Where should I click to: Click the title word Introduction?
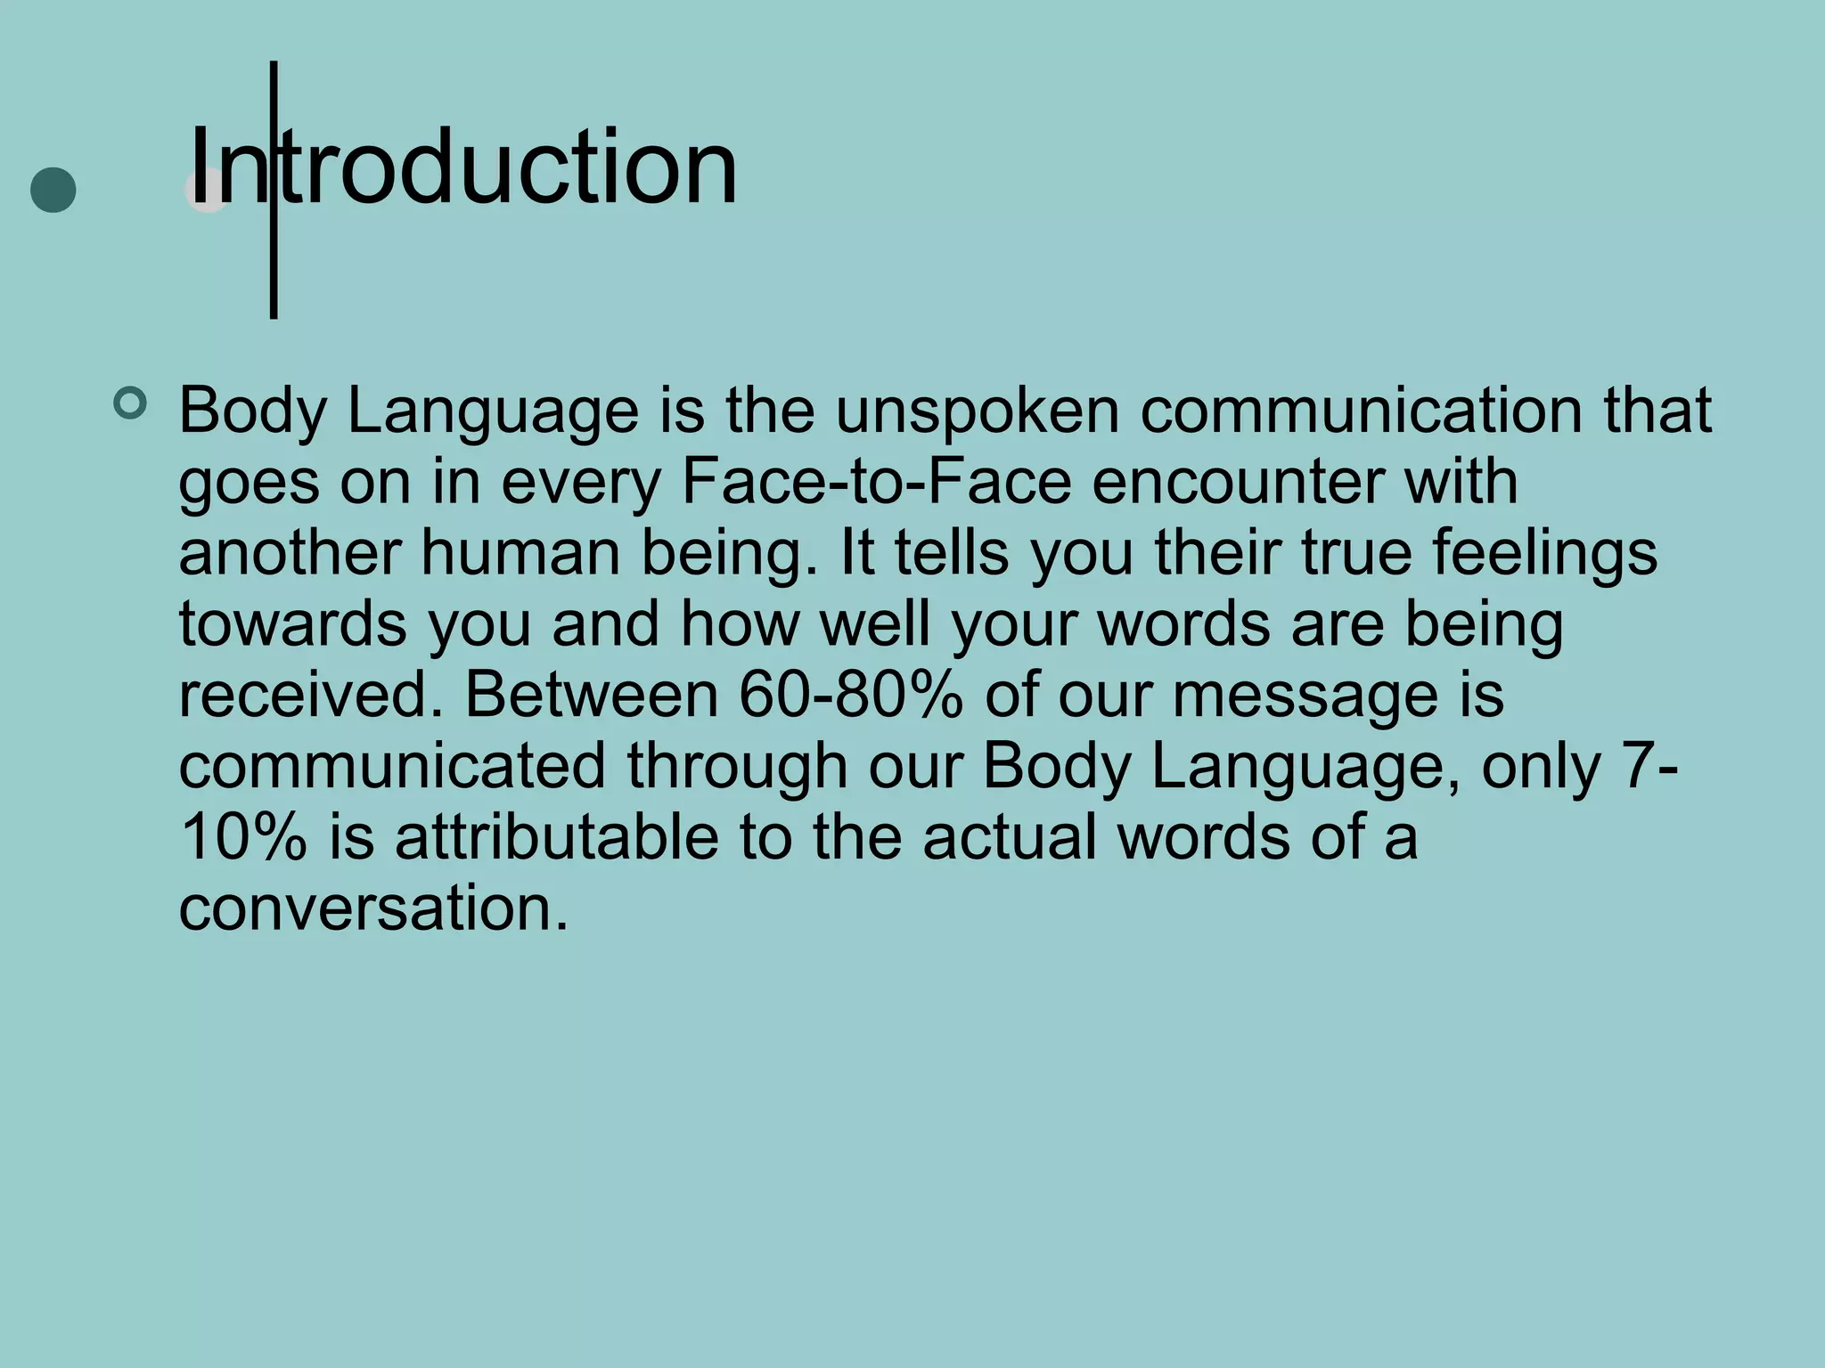point(463,167)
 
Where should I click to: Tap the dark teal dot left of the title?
point(53,190)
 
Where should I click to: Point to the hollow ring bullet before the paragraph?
point(130,403)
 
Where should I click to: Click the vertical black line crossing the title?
point(274,267)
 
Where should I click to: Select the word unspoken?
point(977,411)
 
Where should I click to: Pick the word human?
point(520,553)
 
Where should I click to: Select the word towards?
point(292,624)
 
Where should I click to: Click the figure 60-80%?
point(851,696)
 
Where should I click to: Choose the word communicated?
point(392,767)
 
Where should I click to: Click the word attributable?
point(556,838)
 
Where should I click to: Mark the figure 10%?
point(242,838)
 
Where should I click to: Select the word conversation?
point(372,909)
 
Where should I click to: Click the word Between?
point(592,696)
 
